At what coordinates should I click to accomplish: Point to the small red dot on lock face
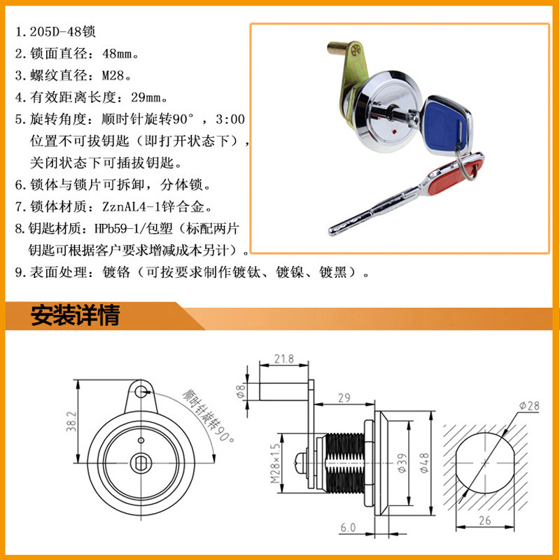coord(393,132)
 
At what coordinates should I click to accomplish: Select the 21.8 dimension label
coord(284,358)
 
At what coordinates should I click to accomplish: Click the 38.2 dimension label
coord(71,421)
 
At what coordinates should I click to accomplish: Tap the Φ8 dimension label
coord(241,391)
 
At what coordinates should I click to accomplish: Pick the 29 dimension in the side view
coord(344,398)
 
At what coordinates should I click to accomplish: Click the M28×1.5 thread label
coord(275,463)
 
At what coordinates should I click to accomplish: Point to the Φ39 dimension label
coord(402,463)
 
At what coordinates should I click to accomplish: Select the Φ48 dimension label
coord(424,463)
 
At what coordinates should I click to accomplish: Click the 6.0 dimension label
coord(348,528)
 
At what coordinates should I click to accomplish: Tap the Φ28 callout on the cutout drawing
coord(529,406)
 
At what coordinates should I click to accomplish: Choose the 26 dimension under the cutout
coord(484,521)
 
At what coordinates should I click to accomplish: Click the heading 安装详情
coord(76,316)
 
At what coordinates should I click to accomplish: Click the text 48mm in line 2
coord(117,54)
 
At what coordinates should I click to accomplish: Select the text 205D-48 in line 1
coord(56,31)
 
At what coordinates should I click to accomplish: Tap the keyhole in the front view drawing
coord(141,463)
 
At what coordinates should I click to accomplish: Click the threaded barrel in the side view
coord(344,463)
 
